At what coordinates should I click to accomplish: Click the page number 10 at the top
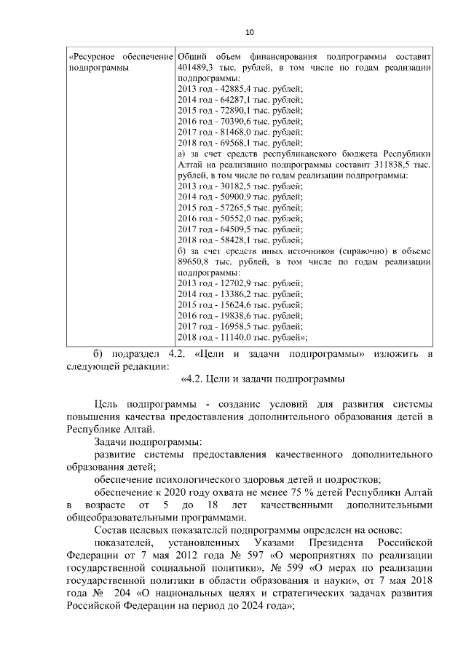(x=250, y=32)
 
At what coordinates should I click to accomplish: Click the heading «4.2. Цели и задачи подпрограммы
(x=261, y=379)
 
